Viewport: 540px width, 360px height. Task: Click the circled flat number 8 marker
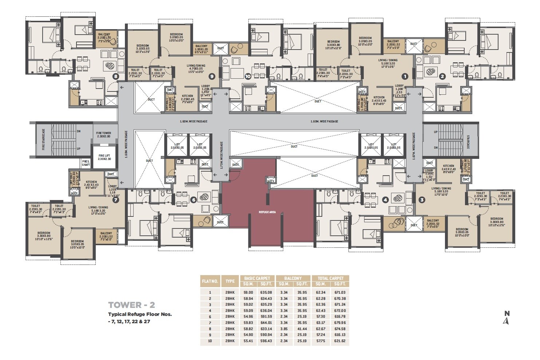(116, 77)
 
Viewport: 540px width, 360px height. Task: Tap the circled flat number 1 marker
(404, 77)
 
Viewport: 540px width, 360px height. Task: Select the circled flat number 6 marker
(193, 200)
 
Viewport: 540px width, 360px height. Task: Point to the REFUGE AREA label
(267, 212)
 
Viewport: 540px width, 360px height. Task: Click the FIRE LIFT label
(105, 157)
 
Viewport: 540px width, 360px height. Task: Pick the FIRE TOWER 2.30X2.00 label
(104, 135)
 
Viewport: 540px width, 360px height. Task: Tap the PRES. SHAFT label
(86, 163)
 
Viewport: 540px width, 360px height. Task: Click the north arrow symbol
(506, 320)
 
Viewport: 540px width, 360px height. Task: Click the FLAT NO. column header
(210, 281)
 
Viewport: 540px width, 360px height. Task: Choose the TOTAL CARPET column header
(331, 278)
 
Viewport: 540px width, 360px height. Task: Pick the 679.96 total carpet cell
(339, 323)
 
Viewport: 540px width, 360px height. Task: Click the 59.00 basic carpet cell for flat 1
(248, 292)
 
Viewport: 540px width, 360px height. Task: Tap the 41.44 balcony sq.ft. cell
(302, 329)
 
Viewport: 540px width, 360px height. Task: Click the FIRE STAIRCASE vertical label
(43, 139)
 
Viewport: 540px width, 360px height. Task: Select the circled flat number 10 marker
(248, 77)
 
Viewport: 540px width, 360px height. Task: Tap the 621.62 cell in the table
(339, 341)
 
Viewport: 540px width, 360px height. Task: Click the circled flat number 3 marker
(422, 200)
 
